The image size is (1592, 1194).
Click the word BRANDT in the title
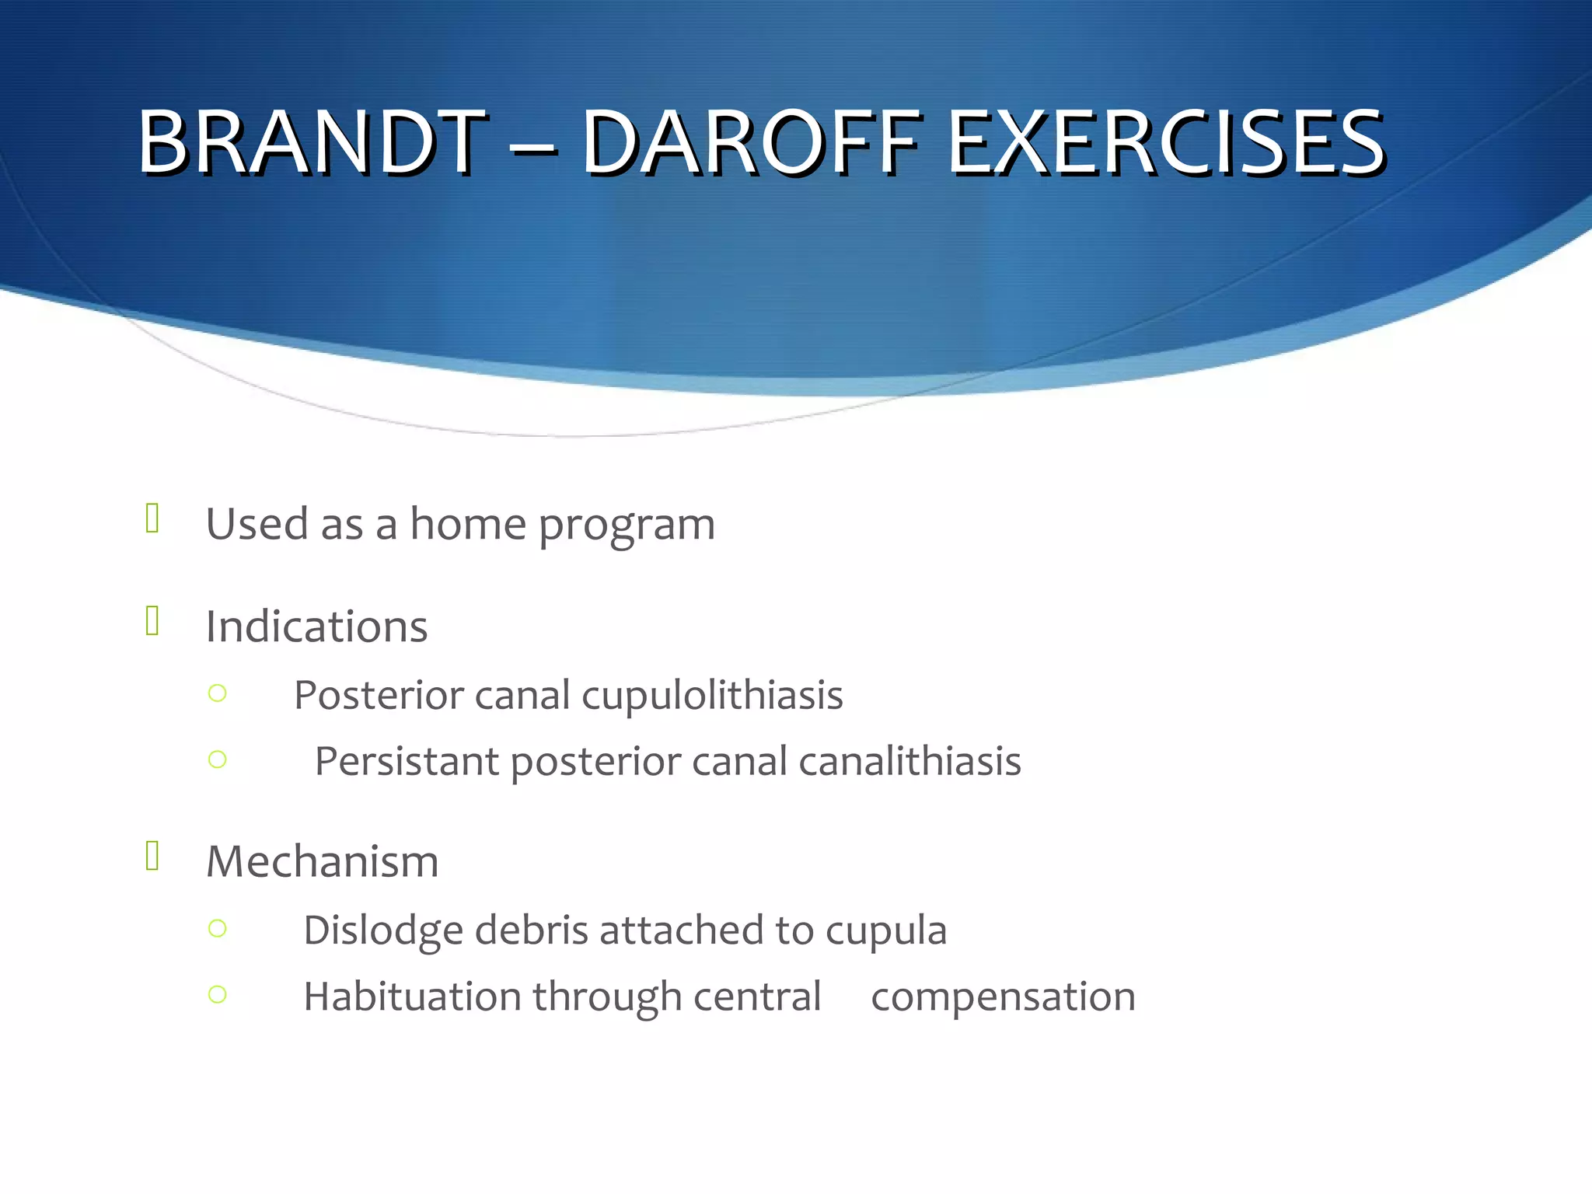pos(311,142)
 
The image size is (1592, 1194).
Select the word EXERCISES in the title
pos(1166,142)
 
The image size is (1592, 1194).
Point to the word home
pos(468,524)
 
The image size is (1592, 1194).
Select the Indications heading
pos(316,627)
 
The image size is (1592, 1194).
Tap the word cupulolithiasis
pos(712,695)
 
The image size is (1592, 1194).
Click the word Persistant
pos(407,761)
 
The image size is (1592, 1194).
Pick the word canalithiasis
pos(909,761)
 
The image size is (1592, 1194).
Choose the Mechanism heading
pos(322,862)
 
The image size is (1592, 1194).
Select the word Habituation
pos(412,997)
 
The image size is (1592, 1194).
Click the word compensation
pos(1003,998)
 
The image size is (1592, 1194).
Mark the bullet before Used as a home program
pos(152,518)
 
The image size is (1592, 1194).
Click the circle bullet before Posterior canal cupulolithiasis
pos(218,693)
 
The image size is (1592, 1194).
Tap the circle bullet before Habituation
pos(218,994)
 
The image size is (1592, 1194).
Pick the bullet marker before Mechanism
pos(152,856)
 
